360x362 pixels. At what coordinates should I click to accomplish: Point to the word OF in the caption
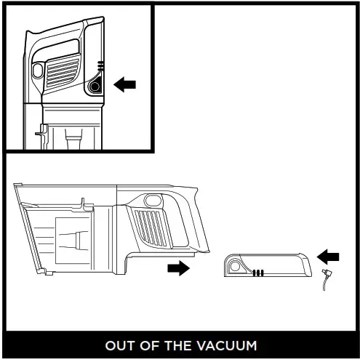(x=151, y=345)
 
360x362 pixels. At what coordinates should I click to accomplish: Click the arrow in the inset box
(x=126, y=85)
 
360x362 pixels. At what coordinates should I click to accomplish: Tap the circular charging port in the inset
(x=95, y=86)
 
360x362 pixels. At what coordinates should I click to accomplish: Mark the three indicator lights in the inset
(x=100, y=66)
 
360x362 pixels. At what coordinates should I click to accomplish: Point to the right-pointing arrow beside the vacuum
(x=177, y=268)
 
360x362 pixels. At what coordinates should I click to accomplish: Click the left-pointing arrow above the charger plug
(x=329, y=256)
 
